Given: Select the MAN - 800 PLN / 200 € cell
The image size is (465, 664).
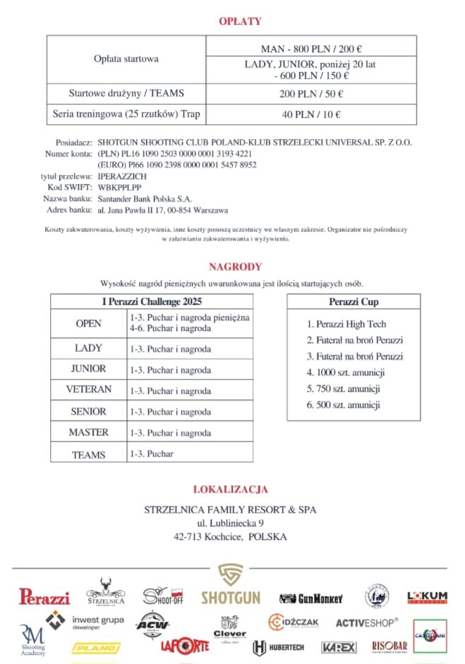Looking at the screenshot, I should pos(310,49).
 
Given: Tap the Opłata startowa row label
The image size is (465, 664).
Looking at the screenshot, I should pos(126,59).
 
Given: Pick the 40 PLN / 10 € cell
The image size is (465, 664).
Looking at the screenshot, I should pos(310,114).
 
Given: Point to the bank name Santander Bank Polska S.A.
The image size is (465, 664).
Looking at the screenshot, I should pos(145,199).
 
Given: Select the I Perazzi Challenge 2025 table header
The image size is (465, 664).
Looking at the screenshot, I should pos(152,302).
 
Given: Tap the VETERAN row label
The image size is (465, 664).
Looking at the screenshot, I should pos(89,390).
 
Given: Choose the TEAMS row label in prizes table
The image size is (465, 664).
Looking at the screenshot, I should pos(89,455).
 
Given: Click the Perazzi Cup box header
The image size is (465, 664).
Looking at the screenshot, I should pos(354,302).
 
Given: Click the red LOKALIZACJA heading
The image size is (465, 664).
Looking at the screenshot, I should pos(230,490).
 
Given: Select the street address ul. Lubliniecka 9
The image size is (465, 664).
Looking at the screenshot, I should pos(231,523).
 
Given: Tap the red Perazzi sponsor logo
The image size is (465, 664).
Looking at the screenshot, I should pos(44,597).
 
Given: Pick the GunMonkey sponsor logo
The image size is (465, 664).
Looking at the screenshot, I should pos(310,598).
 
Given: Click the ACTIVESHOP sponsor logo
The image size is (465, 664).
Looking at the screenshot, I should pos(366,623).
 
